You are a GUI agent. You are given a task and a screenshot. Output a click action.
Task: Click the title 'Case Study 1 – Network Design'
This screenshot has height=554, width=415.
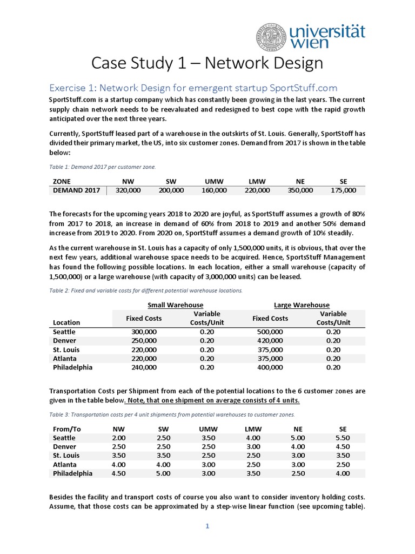tap(207, 63)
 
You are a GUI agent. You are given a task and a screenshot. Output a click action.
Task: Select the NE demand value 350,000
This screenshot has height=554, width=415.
tap(300, 190)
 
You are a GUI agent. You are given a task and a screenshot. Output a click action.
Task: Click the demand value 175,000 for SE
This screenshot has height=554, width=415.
tap(343, 190)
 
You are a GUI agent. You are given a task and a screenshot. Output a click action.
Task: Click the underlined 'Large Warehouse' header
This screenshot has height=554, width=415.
tap(302, 305)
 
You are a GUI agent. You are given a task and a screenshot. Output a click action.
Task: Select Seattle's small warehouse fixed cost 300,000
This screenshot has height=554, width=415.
tap(144, 332)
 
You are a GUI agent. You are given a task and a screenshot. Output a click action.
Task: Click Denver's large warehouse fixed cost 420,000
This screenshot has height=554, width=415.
tap(270, 340)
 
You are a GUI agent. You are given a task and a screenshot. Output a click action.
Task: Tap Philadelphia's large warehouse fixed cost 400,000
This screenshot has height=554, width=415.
tap(270, 367)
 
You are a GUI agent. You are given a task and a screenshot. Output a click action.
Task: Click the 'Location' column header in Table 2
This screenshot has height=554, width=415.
tap(66, 322)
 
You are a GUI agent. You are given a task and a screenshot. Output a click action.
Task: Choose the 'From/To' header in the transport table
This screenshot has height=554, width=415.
tap(67, 428)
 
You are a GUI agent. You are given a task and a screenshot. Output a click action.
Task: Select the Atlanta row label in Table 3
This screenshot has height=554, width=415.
tap(65, 464)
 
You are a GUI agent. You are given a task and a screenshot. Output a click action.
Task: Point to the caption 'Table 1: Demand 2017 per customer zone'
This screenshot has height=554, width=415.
tap(103, 167)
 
